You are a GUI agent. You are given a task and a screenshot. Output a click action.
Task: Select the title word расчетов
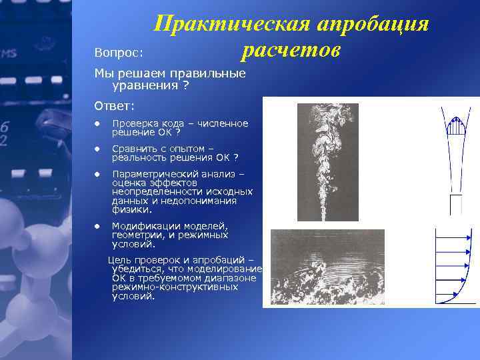click(291, 50)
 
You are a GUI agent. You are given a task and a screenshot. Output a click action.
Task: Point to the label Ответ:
click(115, 105)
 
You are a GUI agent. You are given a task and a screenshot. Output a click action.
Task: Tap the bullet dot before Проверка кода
click(97, 124)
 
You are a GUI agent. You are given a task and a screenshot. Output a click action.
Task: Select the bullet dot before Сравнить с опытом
click(97, 149)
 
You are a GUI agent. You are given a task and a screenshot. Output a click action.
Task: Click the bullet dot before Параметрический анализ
click(97, 175)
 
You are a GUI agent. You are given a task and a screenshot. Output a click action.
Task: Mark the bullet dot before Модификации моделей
click(97, 225)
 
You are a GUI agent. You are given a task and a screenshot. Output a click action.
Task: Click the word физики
click(128, 209)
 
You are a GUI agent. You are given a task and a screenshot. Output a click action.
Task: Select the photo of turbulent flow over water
click(327, 267)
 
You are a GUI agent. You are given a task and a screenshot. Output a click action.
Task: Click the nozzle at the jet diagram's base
click(455, 204)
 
